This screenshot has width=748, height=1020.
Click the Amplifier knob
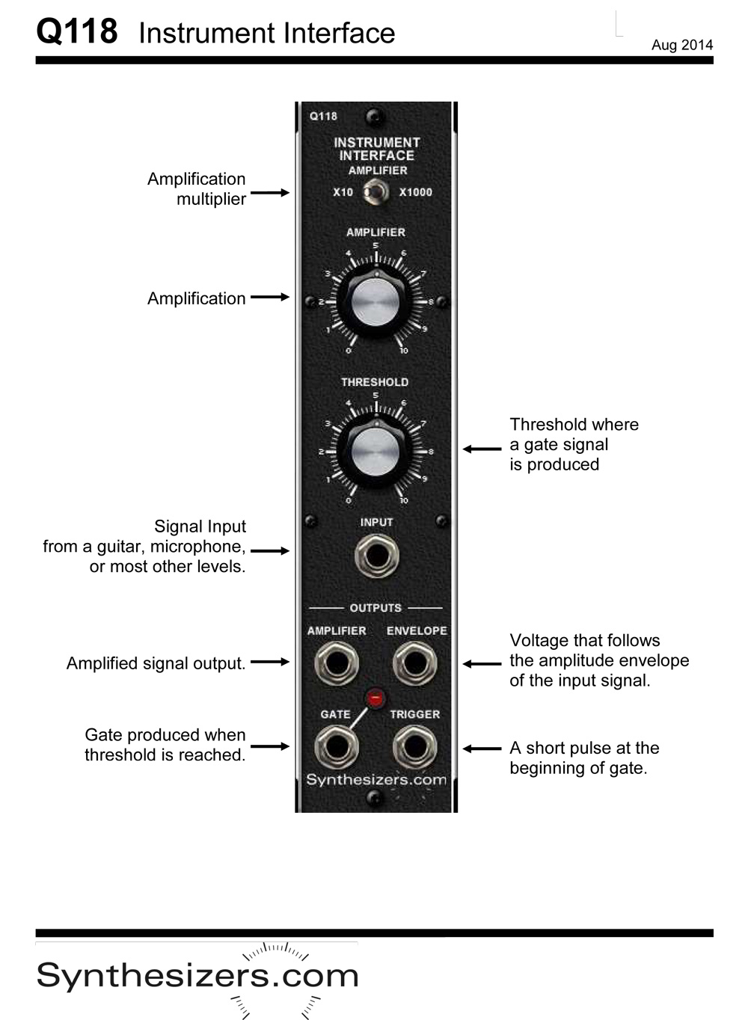click(x=375, y=303)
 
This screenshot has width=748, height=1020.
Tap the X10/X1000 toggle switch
click(x=375, y=193)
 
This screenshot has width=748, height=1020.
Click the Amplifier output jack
click(x=336, y=663)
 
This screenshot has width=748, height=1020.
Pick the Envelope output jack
click(x=415, y=663)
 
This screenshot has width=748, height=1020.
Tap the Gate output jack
click(x=336, y=747)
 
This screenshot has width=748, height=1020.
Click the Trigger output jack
click(x=415, y=747)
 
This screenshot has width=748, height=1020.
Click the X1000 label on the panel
click(x=415, y=192)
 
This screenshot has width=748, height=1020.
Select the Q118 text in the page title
click(x=77, y=32)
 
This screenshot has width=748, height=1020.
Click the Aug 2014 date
click(x=681, y=45)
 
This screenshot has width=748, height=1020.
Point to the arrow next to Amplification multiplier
click(x=269, y=193)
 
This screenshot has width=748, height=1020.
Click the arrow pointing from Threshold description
click(x=482, y=449)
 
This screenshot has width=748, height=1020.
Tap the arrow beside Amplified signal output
click(x=269, y=662)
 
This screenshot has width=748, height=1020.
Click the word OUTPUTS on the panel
click(x=375, y=608)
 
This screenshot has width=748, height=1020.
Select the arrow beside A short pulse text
click(x=482, y=748)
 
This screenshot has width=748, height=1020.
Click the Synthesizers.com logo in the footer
click(x=197, y=976)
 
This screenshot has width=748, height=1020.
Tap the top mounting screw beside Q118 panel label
click(x=375, y=117)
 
